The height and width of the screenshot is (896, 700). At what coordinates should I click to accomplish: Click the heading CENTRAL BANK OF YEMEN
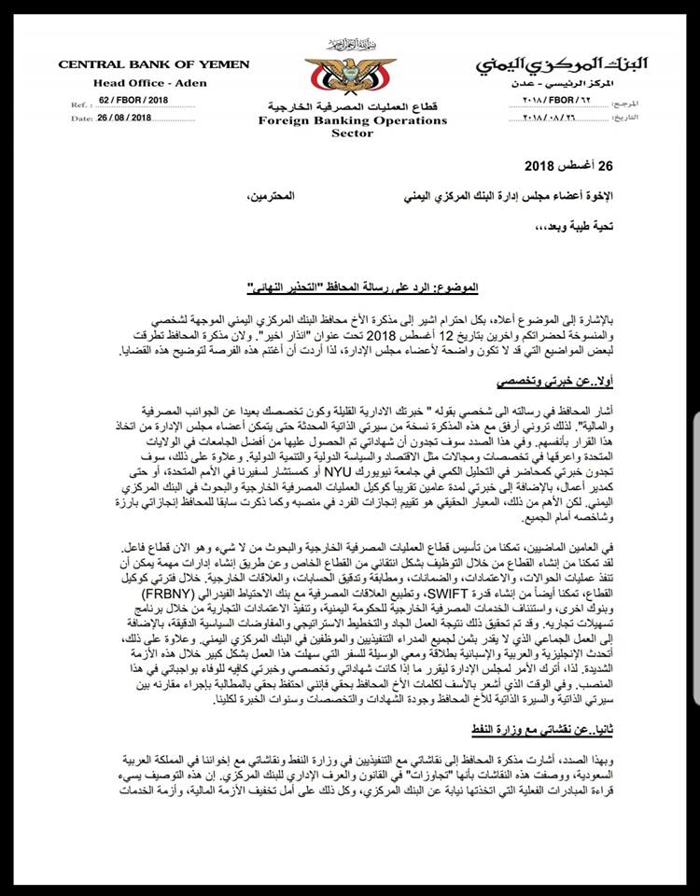pyautogui.click(x=154, y=64)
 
